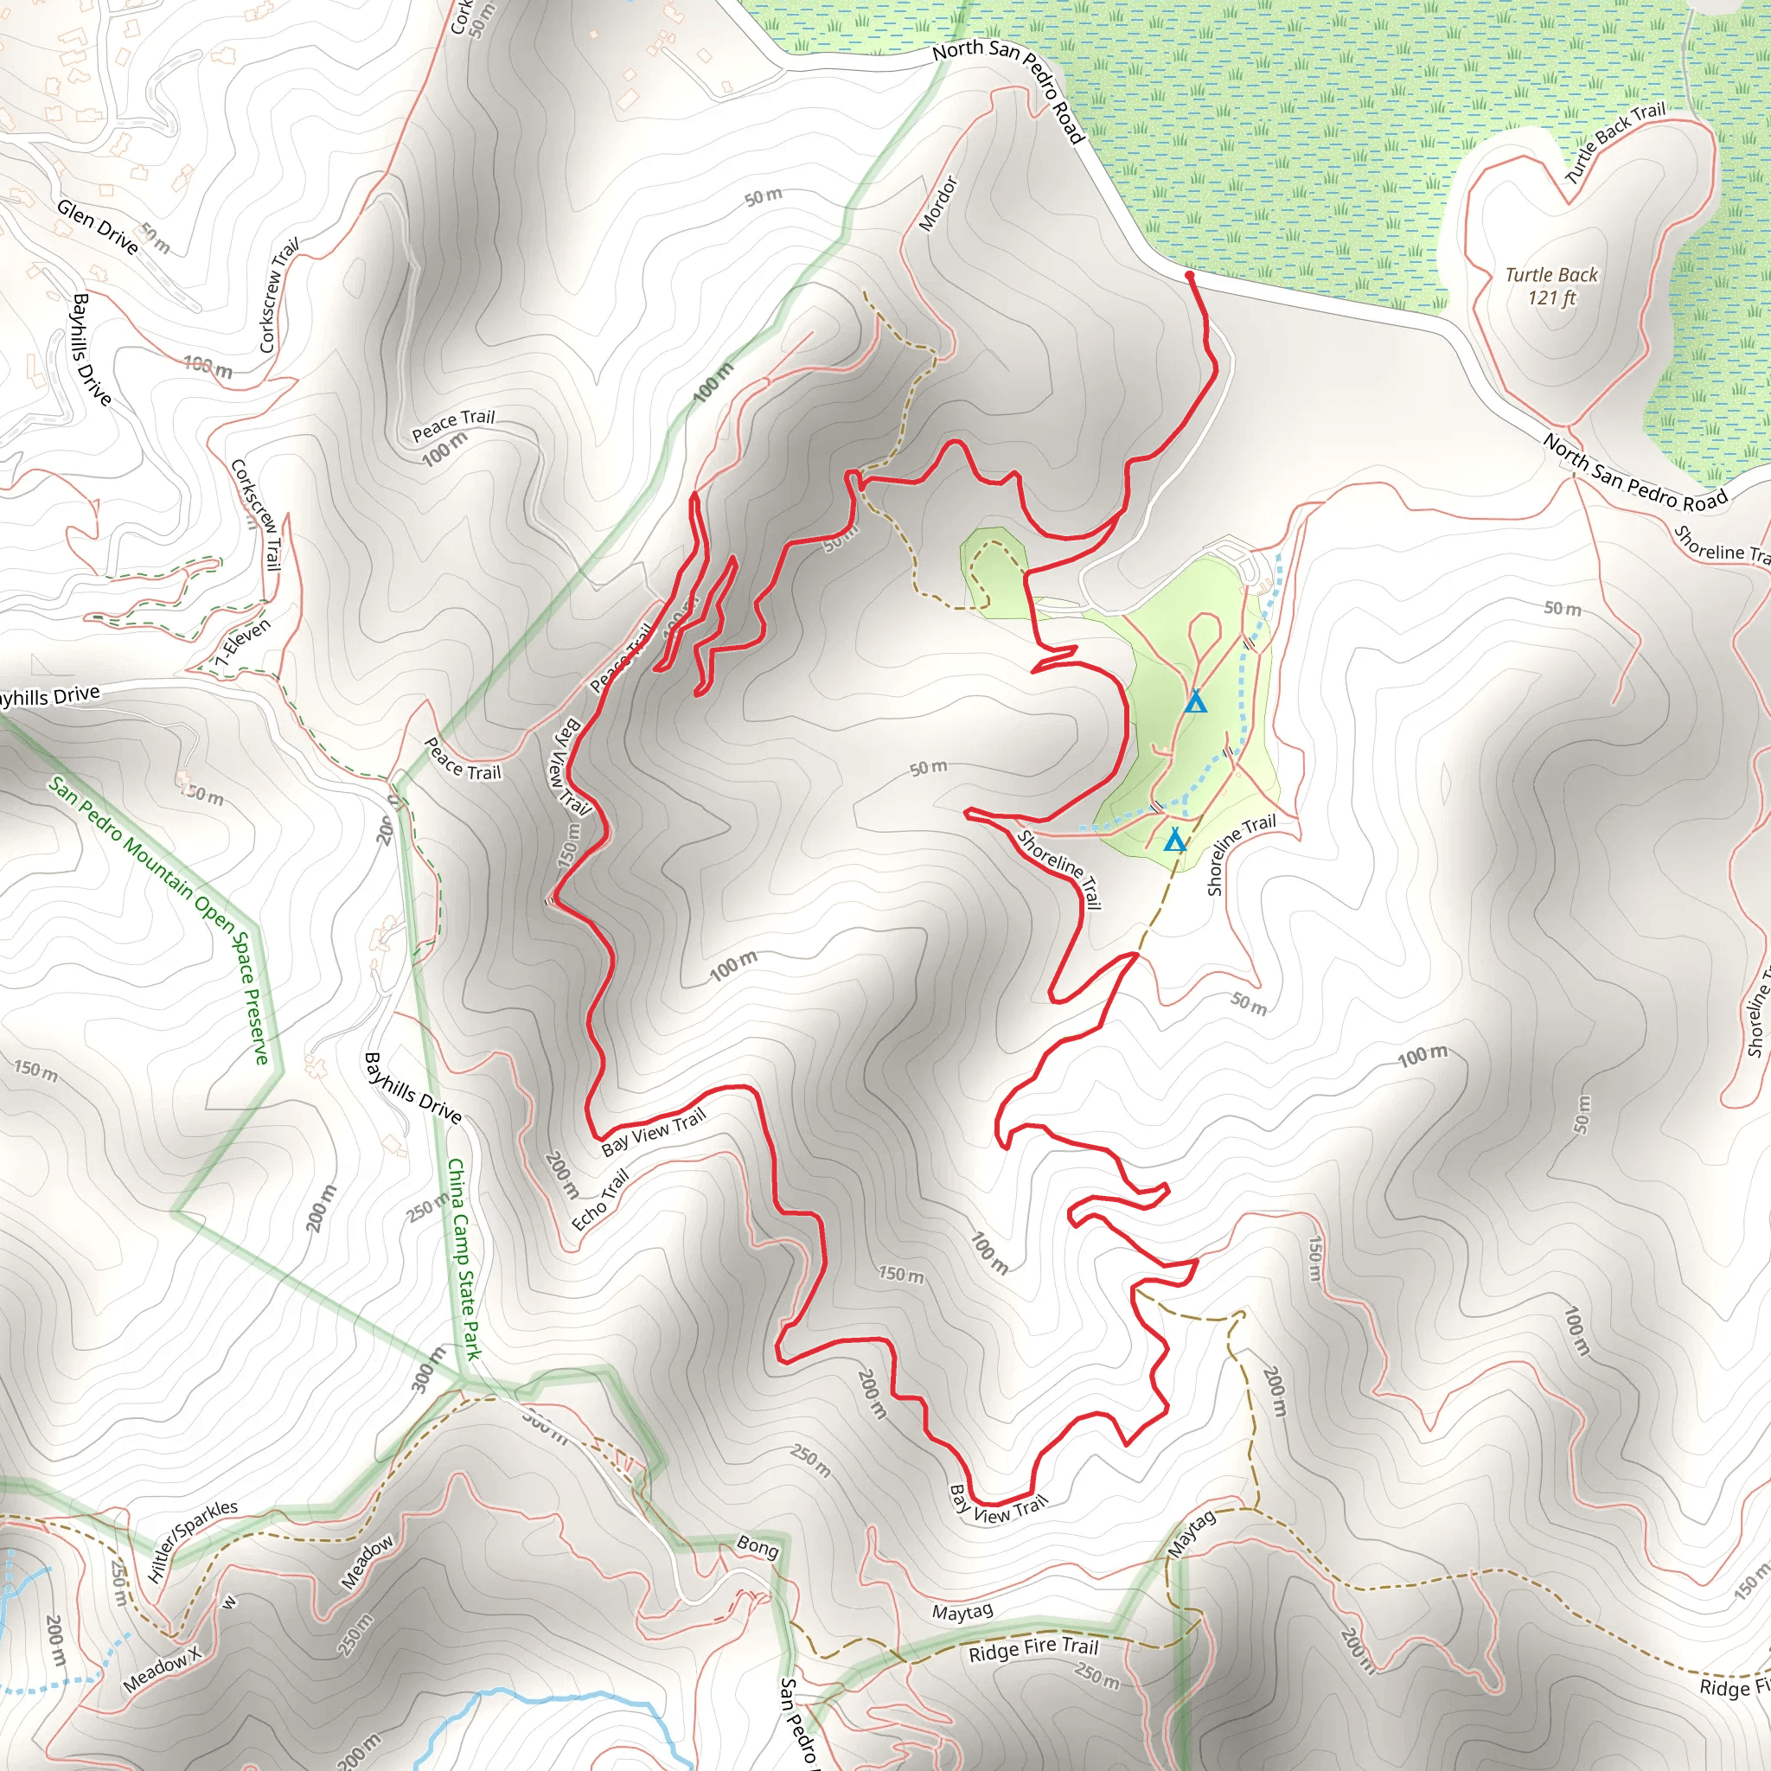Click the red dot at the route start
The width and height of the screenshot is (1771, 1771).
click(1189, 275)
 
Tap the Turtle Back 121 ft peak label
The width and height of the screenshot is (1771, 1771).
click(1551, 286)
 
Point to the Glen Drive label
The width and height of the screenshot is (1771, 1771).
click(97, 227)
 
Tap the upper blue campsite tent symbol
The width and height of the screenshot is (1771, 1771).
click(1193, 702)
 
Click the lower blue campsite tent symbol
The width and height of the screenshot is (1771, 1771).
click(1174, 839)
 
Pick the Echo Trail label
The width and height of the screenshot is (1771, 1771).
click(600, 1200)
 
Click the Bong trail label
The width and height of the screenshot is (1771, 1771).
click(758, 1546)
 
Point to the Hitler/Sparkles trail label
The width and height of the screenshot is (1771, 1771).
click(193, 1541)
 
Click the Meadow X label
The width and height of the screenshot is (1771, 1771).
click(163, 1668)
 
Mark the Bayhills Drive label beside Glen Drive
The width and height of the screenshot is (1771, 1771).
click(93, 349)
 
